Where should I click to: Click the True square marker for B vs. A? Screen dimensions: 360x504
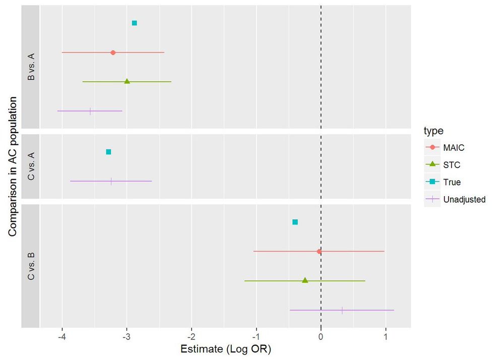click(134, 23)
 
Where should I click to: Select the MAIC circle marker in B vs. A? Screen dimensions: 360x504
click(113, 52)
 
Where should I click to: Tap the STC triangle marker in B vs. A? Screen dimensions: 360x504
click(127, 81)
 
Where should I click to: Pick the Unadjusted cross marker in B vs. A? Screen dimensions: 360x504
click(90, 111)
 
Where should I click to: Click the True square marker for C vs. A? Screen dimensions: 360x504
click(108, 152)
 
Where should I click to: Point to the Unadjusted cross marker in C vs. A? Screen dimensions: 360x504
click(111, 181)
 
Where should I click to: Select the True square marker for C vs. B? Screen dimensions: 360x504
click(295, 222)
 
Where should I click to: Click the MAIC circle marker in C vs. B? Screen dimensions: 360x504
click(319, 251)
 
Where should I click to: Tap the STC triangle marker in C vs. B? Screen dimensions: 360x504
click(305, 280)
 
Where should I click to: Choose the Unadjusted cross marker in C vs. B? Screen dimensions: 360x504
click(342, 310)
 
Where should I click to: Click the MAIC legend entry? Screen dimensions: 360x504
click(454, 148)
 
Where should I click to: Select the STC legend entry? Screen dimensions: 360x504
click(452, 165)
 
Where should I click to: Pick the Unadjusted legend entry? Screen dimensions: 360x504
click(464, 199)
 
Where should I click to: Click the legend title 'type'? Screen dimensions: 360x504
click(433, 131)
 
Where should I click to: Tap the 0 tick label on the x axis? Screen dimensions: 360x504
click(321, 335)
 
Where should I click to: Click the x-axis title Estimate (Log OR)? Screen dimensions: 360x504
click(222, 348)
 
